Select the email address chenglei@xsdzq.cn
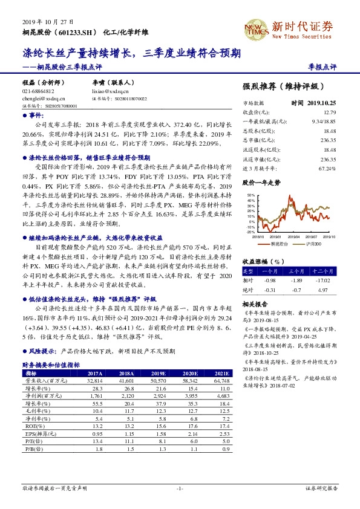(39, 97)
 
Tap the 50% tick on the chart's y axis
(250, 195)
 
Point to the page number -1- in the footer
(180, 487)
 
